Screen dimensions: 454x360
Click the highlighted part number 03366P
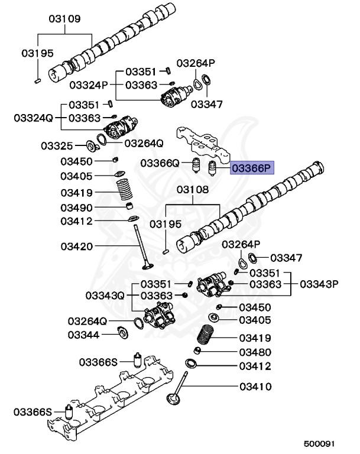(x=251, y=168)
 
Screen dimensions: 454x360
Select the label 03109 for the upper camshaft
(x=64, y=18)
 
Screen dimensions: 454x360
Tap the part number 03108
(x=193, y=190)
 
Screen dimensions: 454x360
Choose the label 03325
(x=57, y=145)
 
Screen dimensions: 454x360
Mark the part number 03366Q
(x=160, y=163)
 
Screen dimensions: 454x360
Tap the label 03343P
(x=319, y=284)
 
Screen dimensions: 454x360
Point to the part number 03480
(x=255, y=352)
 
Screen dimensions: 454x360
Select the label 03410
(x=255, y=387)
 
